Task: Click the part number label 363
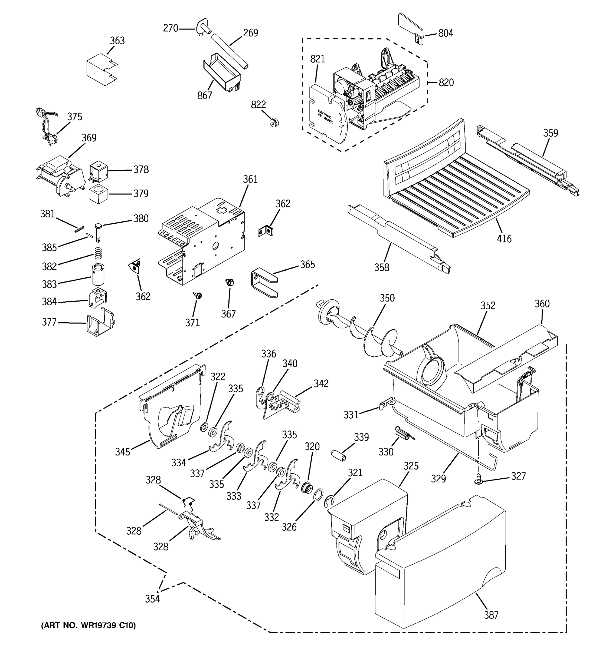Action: tap(117, 41)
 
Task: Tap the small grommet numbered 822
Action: tap(274, 122)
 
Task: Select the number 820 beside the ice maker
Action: tap(446, 82)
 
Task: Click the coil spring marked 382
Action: tap(97, 253)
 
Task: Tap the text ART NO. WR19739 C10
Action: tap(88, 625)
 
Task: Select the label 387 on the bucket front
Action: tap(491, 615)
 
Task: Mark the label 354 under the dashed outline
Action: tap(152, 599)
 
